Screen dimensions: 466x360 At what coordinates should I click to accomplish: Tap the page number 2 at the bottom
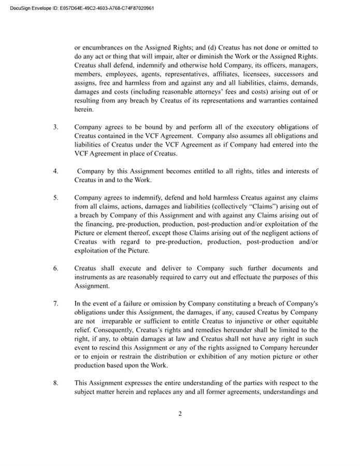[x=180, y=414]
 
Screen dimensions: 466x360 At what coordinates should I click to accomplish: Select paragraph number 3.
[x=56, y=127]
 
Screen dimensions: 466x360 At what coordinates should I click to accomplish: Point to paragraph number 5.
[x=56, y=198]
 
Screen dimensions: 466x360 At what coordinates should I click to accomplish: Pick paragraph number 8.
[x=56, y=383]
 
